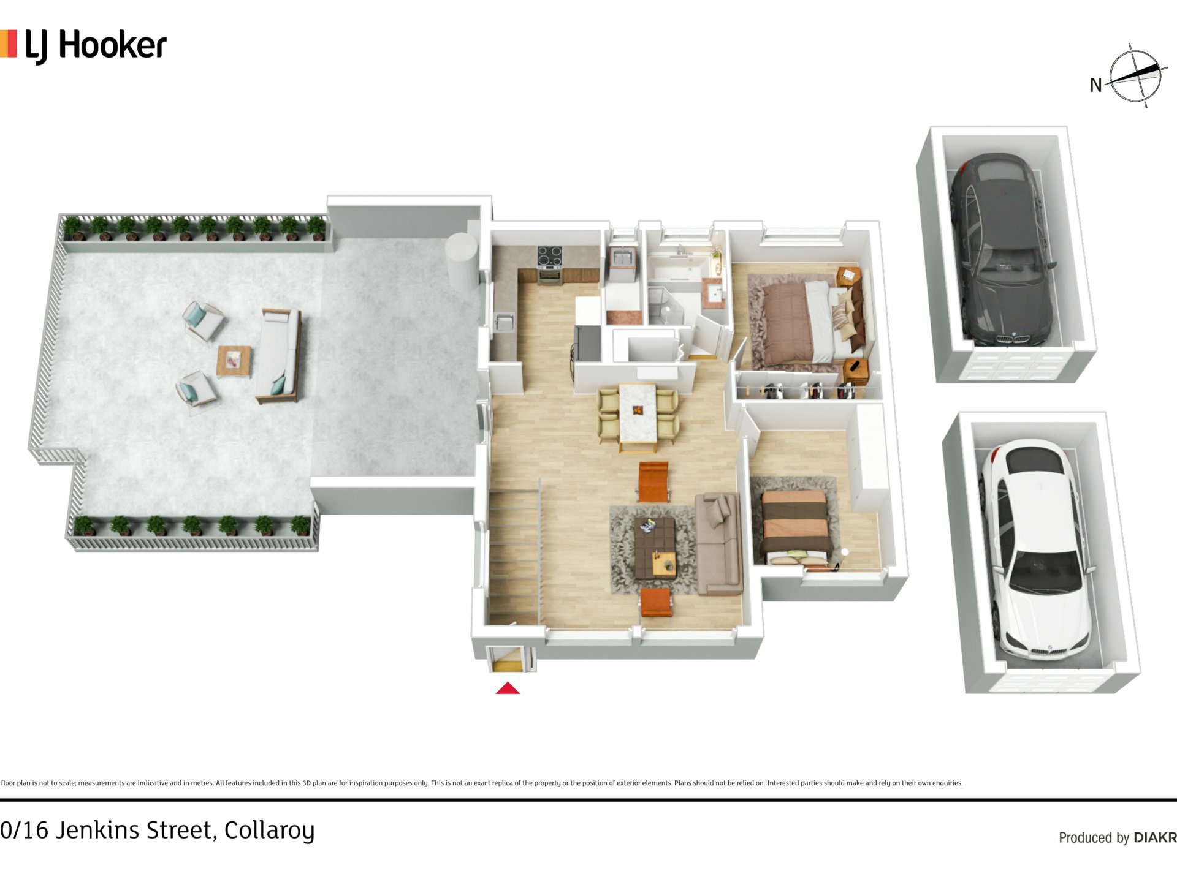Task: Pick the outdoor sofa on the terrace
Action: (279, 355)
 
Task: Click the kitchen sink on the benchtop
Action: (505, 322)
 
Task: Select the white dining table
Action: (638, 412)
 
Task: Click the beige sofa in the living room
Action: (718, 544)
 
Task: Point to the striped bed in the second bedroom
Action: (796, 526)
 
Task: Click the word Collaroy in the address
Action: (269, 831)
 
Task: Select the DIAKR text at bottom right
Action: (1155, 837)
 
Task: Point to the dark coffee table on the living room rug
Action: (655, 548)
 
